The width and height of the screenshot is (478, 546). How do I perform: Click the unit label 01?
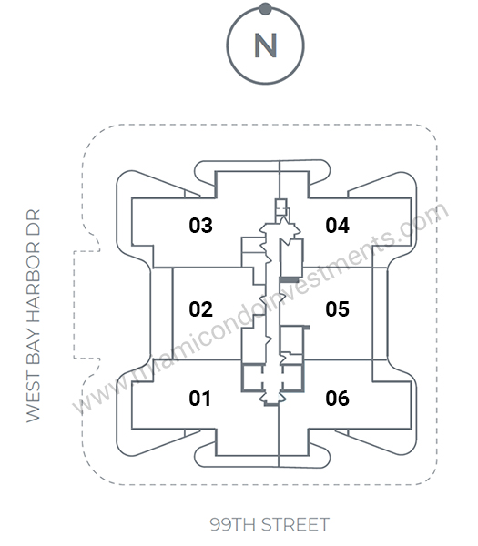click(200, 399)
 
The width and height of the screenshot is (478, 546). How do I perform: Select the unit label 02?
click(200, 308)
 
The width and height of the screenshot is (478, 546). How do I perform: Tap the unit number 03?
click(200, 225)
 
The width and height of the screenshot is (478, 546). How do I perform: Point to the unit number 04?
click(337, 225)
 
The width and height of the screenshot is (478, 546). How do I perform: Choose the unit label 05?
click(337, 308)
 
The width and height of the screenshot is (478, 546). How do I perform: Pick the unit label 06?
click(337, 399)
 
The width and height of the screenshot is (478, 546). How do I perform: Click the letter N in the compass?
click(266, 45)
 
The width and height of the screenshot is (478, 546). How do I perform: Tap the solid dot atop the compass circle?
click(266, 9)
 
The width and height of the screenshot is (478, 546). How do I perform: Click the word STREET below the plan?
click(295, 524)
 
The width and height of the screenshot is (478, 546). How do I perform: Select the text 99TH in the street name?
click(233, 524)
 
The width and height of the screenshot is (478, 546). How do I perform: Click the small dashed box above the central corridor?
click(280, 207)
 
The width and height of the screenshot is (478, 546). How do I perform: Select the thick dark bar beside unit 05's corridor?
click(289, 280)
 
